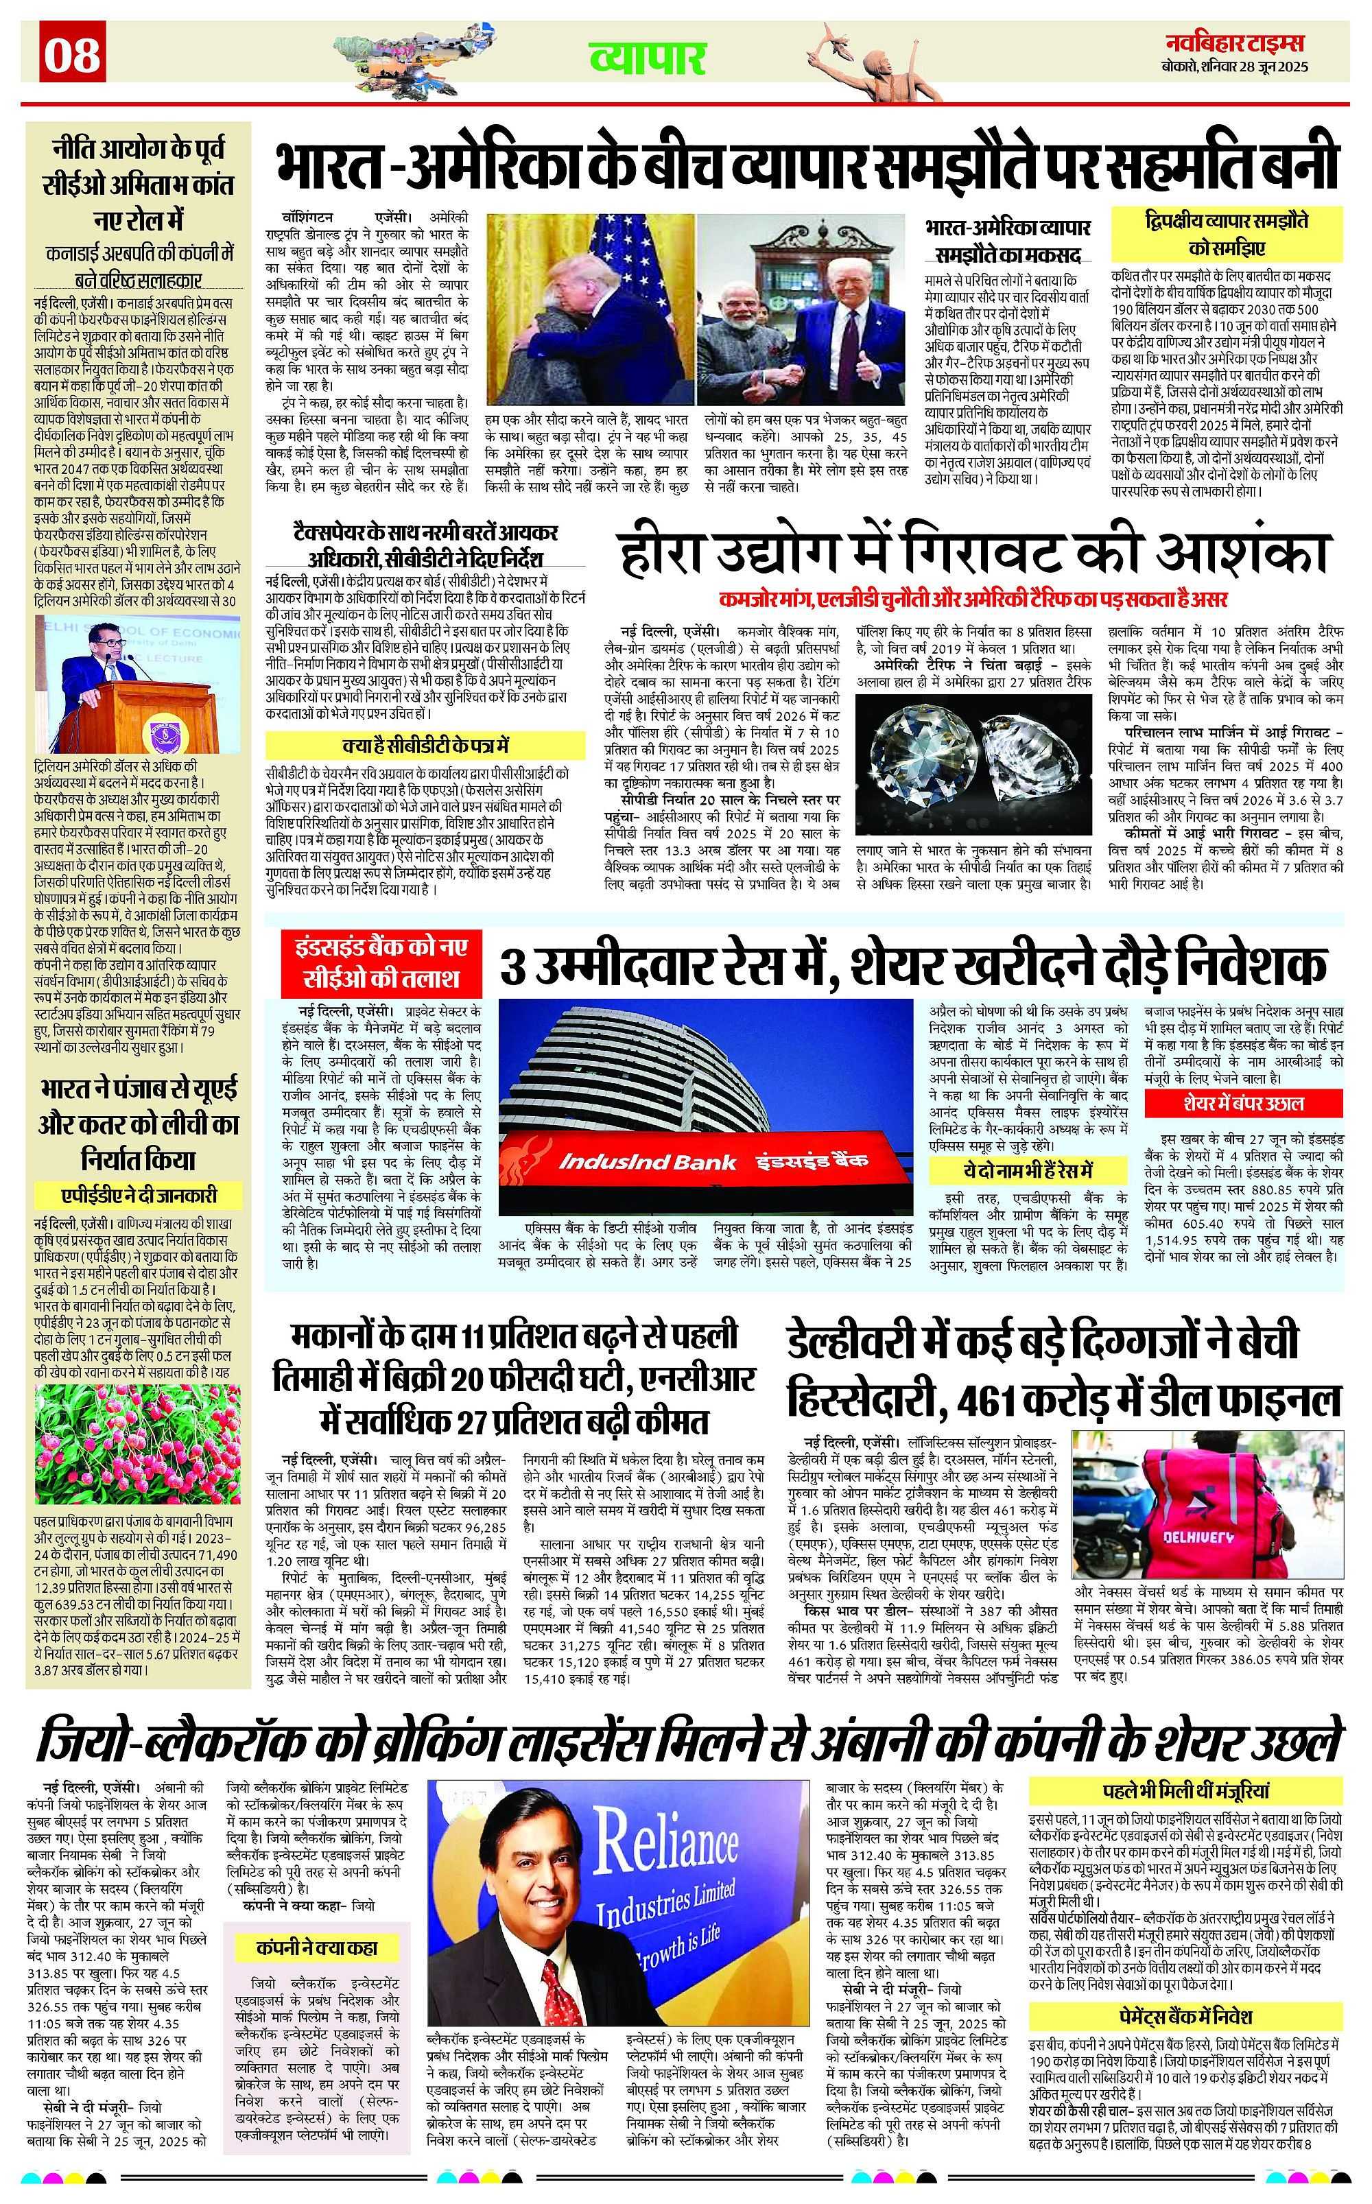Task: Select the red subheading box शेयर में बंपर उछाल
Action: pyautogui.click(x=1243, y=1103)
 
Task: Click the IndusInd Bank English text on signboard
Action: pyautogui.click(x=647, y=1162)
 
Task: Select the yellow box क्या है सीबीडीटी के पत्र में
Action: pyautogui.click(x=425, y=746)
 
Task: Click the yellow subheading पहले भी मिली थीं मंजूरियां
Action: pyautogui.click(x=1185, y=1791)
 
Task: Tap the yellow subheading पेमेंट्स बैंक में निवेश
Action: pyautogui.click(x=1185, y=2016)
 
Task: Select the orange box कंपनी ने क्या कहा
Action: pyautogui.click(x=317, y=1947)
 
